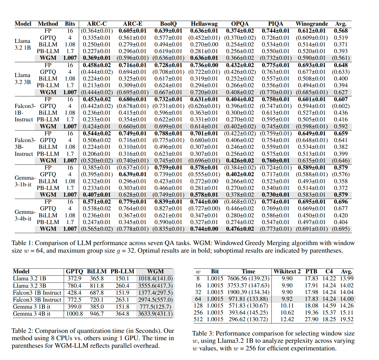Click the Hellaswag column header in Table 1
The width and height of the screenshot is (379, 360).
(x=204, y=24)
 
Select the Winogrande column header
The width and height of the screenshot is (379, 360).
(x=312, y=24)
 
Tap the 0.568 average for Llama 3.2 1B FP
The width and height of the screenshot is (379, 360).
(x=341, y=31)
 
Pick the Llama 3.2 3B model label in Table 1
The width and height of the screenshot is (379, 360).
(x=23, y=78)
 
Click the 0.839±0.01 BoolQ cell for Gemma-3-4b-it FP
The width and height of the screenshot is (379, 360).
(x=168, y=202)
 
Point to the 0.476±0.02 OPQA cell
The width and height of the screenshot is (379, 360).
(x=240, y=229)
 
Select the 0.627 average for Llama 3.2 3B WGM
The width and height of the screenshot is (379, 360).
(x=341, y=92)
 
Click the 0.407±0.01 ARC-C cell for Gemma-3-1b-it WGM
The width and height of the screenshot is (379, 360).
(x=97, y=195)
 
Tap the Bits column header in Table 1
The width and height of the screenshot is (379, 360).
(x=70, y=24)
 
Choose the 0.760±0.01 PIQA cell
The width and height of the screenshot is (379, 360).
(x=276, y=160)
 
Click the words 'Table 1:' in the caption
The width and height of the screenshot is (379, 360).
(x=22, y=243)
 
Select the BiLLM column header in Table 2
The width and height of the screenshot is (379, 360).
(x=97, y=271)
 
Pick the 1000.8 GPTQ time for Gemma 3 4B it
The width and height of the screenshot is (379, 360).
(x=74, y=314)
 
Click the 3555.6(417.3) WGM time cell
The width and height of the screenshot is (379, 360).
(x=155, y=286)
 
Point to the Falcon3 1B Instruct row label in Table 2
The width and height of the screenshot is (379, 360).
(x=37, y=293)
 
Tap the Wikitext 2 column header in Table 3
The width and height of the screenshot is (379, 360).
(x=287, y=271)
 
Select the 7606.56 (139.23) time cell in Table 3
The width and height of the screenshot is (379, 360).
(x=248, y=279)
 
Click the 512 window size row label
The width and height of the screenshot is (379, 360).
(x=198, y=319)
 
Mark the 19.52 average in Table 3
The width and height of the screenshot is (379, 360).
(x=347, y=319)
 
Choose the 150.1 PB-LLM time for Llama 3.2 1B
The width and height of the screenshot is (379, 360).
(x=122, y=279)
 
